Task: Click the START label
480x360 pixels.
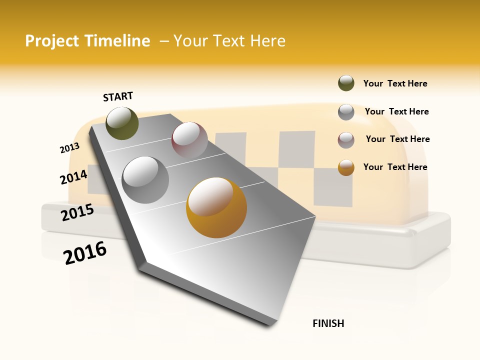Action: [118, 96]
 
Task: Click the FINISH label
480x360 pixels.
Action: [328, 323]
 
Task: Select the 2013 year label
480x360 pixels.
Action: [69, 148]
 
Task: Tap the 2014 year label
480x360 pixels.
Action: [73, 177]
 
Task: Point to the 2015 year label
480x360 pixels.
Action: [77, 212]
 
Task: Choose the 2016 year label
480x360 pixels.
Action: [85, 253]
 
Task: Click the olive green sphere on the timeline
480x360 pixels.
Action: [122, 123]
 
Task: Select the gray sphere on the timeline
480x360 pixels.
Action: [145, 179]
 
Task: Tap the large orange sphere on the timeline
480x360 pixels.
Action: [216, 207]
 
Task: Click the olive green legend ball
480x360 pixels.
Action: [346, 83]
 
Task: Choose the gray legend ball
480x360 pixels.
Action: [346, 112]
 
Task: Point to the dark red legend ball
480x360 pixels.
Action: [346, 140]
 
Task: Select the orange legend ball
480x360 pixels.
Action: [346, 167]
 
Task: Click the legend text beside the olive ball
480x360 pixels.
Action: [395, 83]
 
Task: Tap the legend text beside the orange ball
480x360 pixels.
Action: [395, 167]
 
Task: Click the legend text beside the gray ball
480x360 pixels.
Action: [396, 111]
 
